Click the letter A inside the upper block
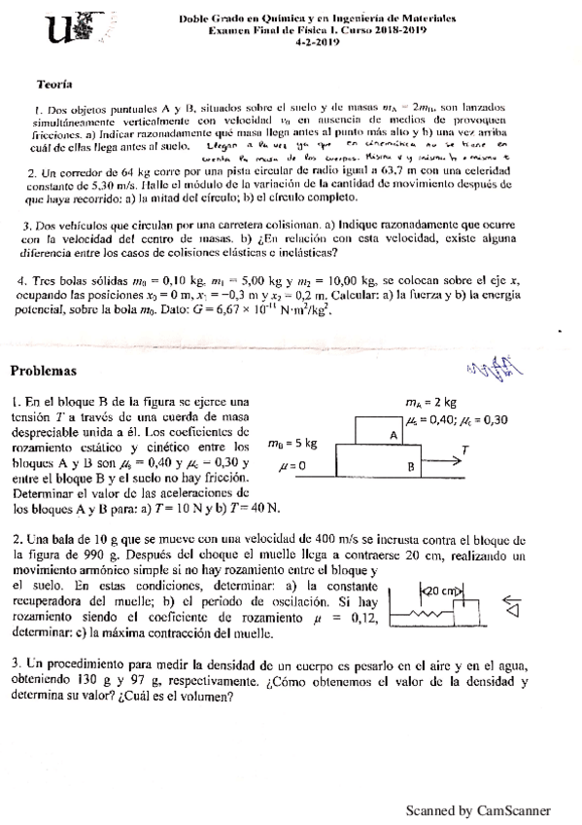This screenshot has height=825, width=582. click(394, 437)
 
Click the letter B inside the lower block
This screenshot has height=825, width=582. click(410, 467)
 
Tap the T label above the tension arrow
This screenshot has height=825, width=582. click(466, 449)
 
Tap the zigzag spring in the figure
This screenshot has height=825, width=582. click(425, 615)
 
